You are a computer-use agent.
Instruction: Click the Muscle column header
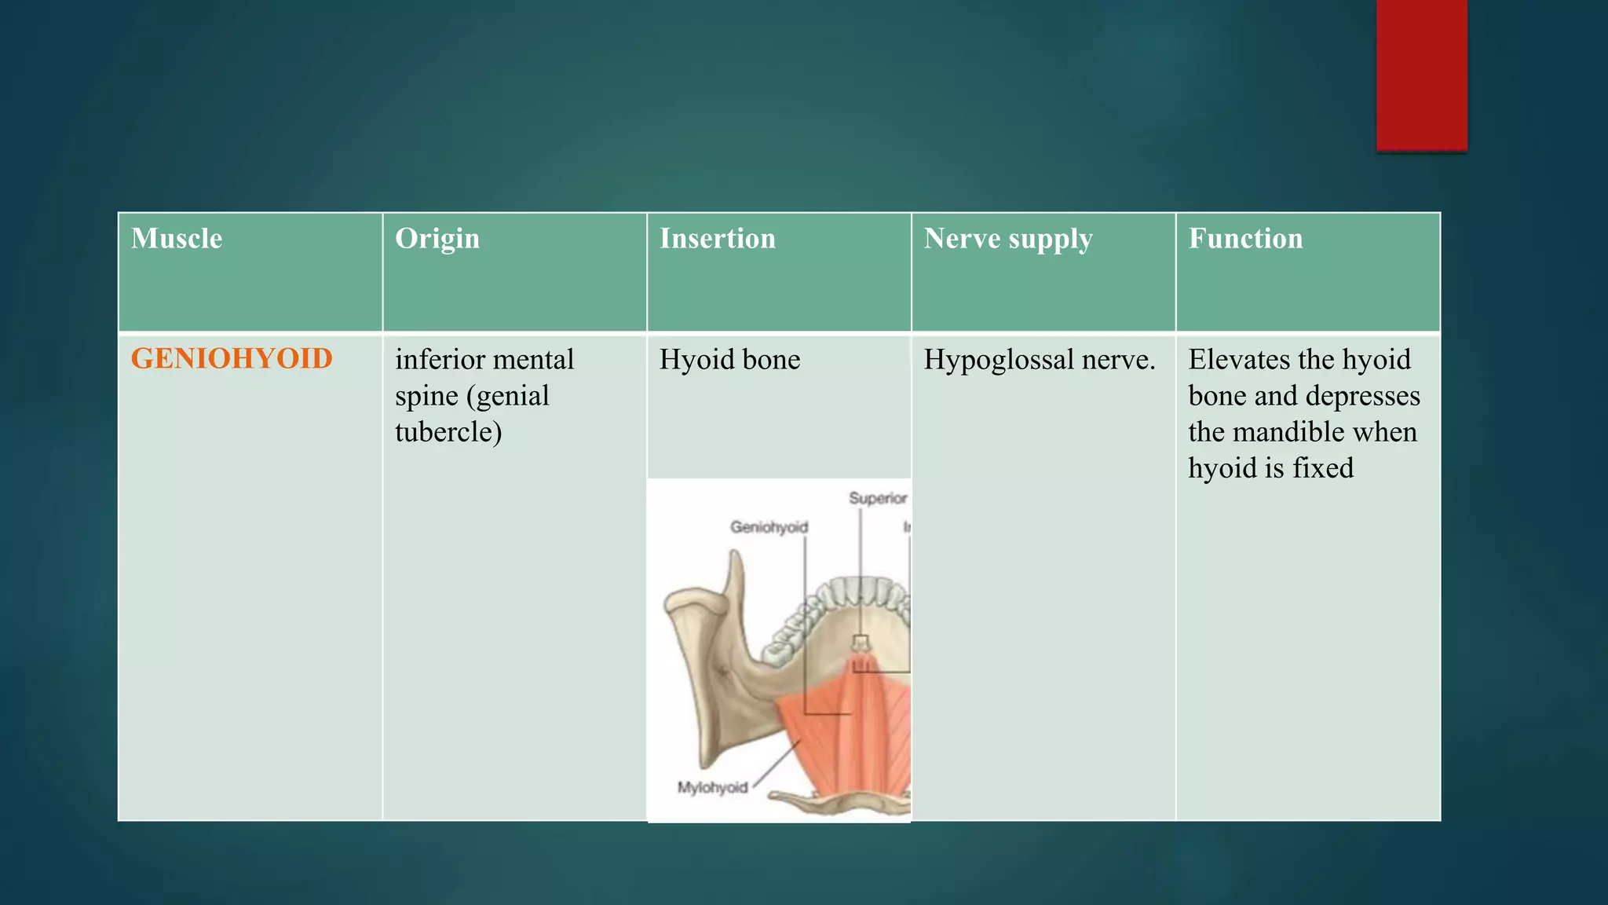click(177, 239)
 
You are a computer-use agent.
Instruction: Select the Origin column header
click(437, 239)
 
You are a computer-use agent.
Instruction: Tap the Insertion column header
click(718, 239)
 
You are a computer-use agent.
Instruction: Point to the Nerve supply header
click(1008, 239)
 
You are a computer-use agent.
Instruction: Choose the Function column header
click(1245, 239)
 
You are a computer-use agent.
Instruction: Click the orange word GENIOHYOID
click(232, 359)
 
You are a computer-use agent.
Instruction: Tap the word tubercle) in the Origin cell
click(448, 432)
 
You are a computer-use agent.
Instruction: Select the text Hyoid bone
click(729, 360)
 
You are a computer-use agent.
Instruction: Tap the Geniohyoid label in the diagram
click(769, 527)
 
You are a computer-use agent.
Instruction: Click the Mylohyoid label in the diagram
click(713, 787)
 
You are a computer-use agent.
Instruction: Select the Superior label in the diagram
click(878, 498)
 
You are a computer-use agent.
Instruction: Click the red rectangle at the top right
click(1421, 75)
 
